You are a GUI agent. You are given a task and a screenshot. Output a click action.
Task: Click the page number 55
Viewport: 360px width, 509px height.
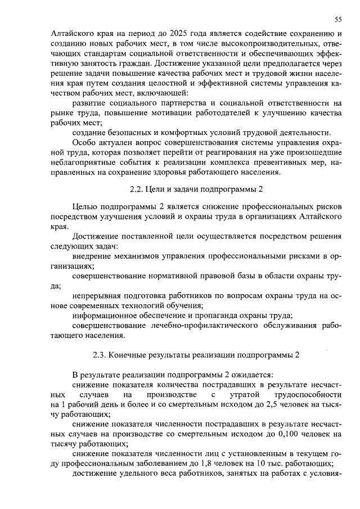pyautogui.click(x=338, y=20)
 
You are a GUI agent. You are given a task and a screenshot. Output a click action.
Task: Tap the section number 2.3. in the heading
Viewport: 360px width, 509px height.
pyautogui.click(x=101, y=355)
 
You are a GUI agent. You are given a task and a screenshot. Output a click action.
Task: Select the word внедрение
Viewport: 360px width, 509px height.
pyautogui.click(x=92, y=257)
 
